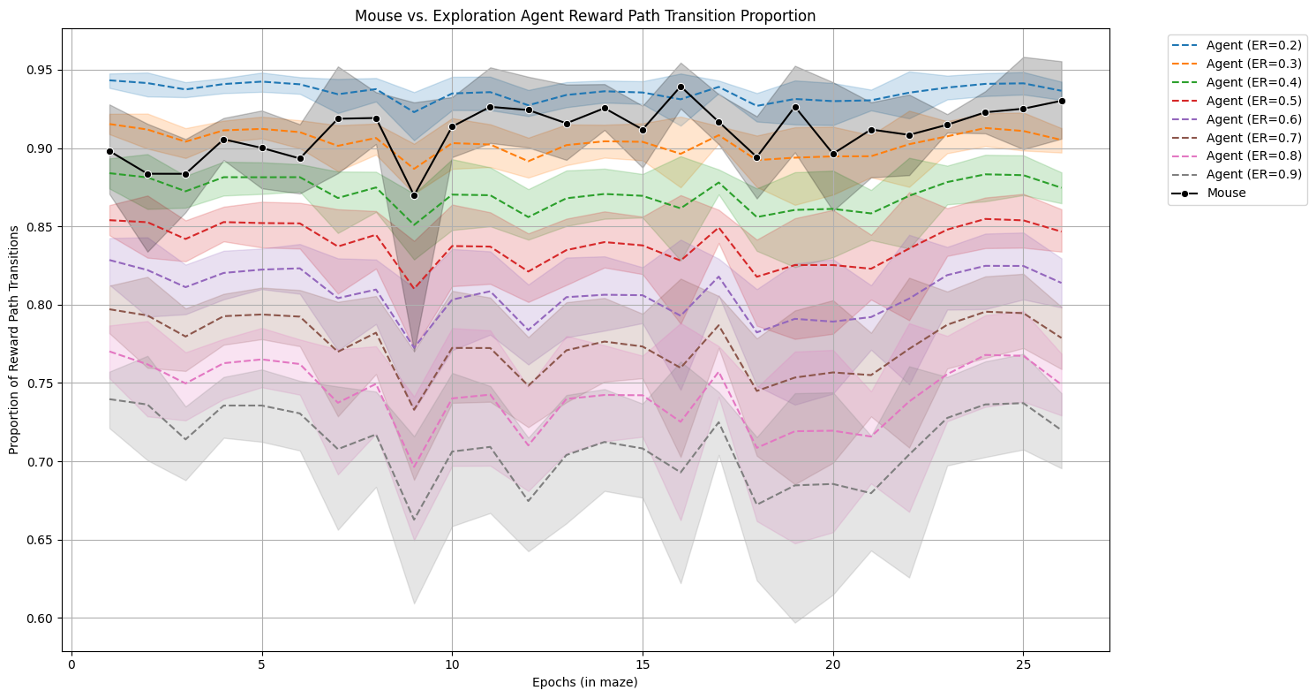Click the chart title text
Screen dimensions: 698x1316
coord(584,16)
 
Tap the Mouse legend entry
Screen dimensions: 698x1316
coord(1226,193)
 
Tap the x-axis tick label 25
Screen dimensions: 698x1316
coord(1023,664)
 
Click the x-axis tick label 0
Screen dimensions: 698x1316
coord(71,664)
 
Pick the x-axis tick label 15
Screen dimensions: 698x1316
coord(643,664)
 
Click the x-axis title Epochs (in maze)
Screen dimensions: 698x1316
coord(584,682)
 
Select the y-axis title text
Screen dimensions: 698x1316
coord(14,339)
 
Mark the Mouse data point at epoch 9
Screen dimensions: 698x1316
coord(414,195)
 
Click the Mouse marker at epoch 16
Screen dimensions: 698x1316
coord(681,87)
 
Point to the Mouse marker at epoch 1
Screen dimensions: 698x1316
coord(109,151)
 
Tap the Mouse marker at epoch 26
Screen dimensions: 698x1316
coord(1061,101)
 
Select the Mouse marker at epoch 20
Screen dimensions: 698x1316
coord(833,154)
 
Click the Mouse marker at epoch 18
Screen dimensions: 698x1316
coord(756,157)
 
